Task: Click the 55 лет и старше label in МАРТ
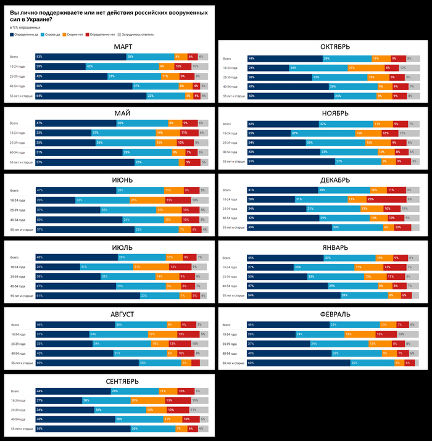[22, 96]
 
